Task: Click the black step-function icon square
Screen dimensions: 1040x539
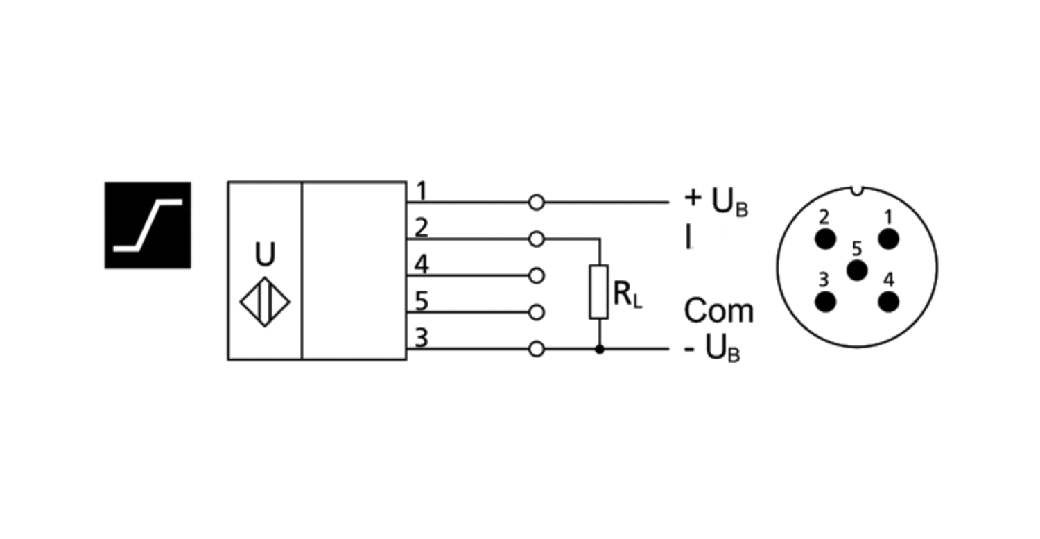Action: pyautogui.click(x=148, y=225)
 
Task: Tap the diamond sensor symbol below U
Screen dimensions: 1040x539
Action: pyautogui.click(x=265, y=302)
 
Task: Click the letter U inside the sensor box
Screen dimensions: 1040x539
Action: pyautogui.click(x=265, y=254)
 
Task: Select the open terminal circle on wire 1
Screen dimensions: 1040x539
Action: pyautogui.click(x=536, y=203)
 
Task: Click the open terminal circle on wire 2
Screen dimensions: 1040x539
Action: pyautogui.click(x=536, y=239)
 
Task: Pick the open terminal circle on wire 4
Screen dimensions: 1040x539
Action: pyautogui.click(x=536, y=275)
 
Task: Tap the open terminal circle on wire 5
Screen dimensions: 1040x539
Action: pyautogui.click(x=536, y=312)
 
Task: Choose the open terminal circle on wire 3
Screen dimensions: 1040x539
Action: pyautogui.click(x=536, y=348)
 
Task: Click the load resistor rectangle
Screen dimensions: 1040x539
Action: pyautogui.click(x=599, y=292)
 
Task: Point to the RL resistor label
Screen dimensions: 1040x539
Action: pyautogui.click(x=627, y=295)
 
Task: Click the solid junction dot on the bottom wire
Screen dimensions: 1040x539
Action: pyautogui.click(x=600, y=349)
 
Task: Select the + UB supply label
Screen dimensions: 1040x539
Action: pyautogui.click(x=716, y=202)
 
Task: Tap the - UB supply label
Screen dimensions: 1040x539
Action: pyautogui.click(x=712, y=349)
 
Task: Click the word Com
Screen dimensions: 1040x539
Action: pyautogui.click(x=719, y=310)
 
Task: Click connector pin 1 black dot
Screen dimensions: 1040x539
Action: pyautogui.click(x=889, y=239)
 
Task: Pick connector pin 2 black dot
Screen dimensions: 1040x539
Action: pyautogui.click(x=826, y=239)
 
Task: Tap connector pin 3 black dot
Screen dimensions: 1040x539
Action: pyautogui.click(x=826, y=302)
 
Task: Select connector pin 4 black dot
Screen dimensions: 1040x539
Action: pyautogui.click(x=889, y=302)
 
